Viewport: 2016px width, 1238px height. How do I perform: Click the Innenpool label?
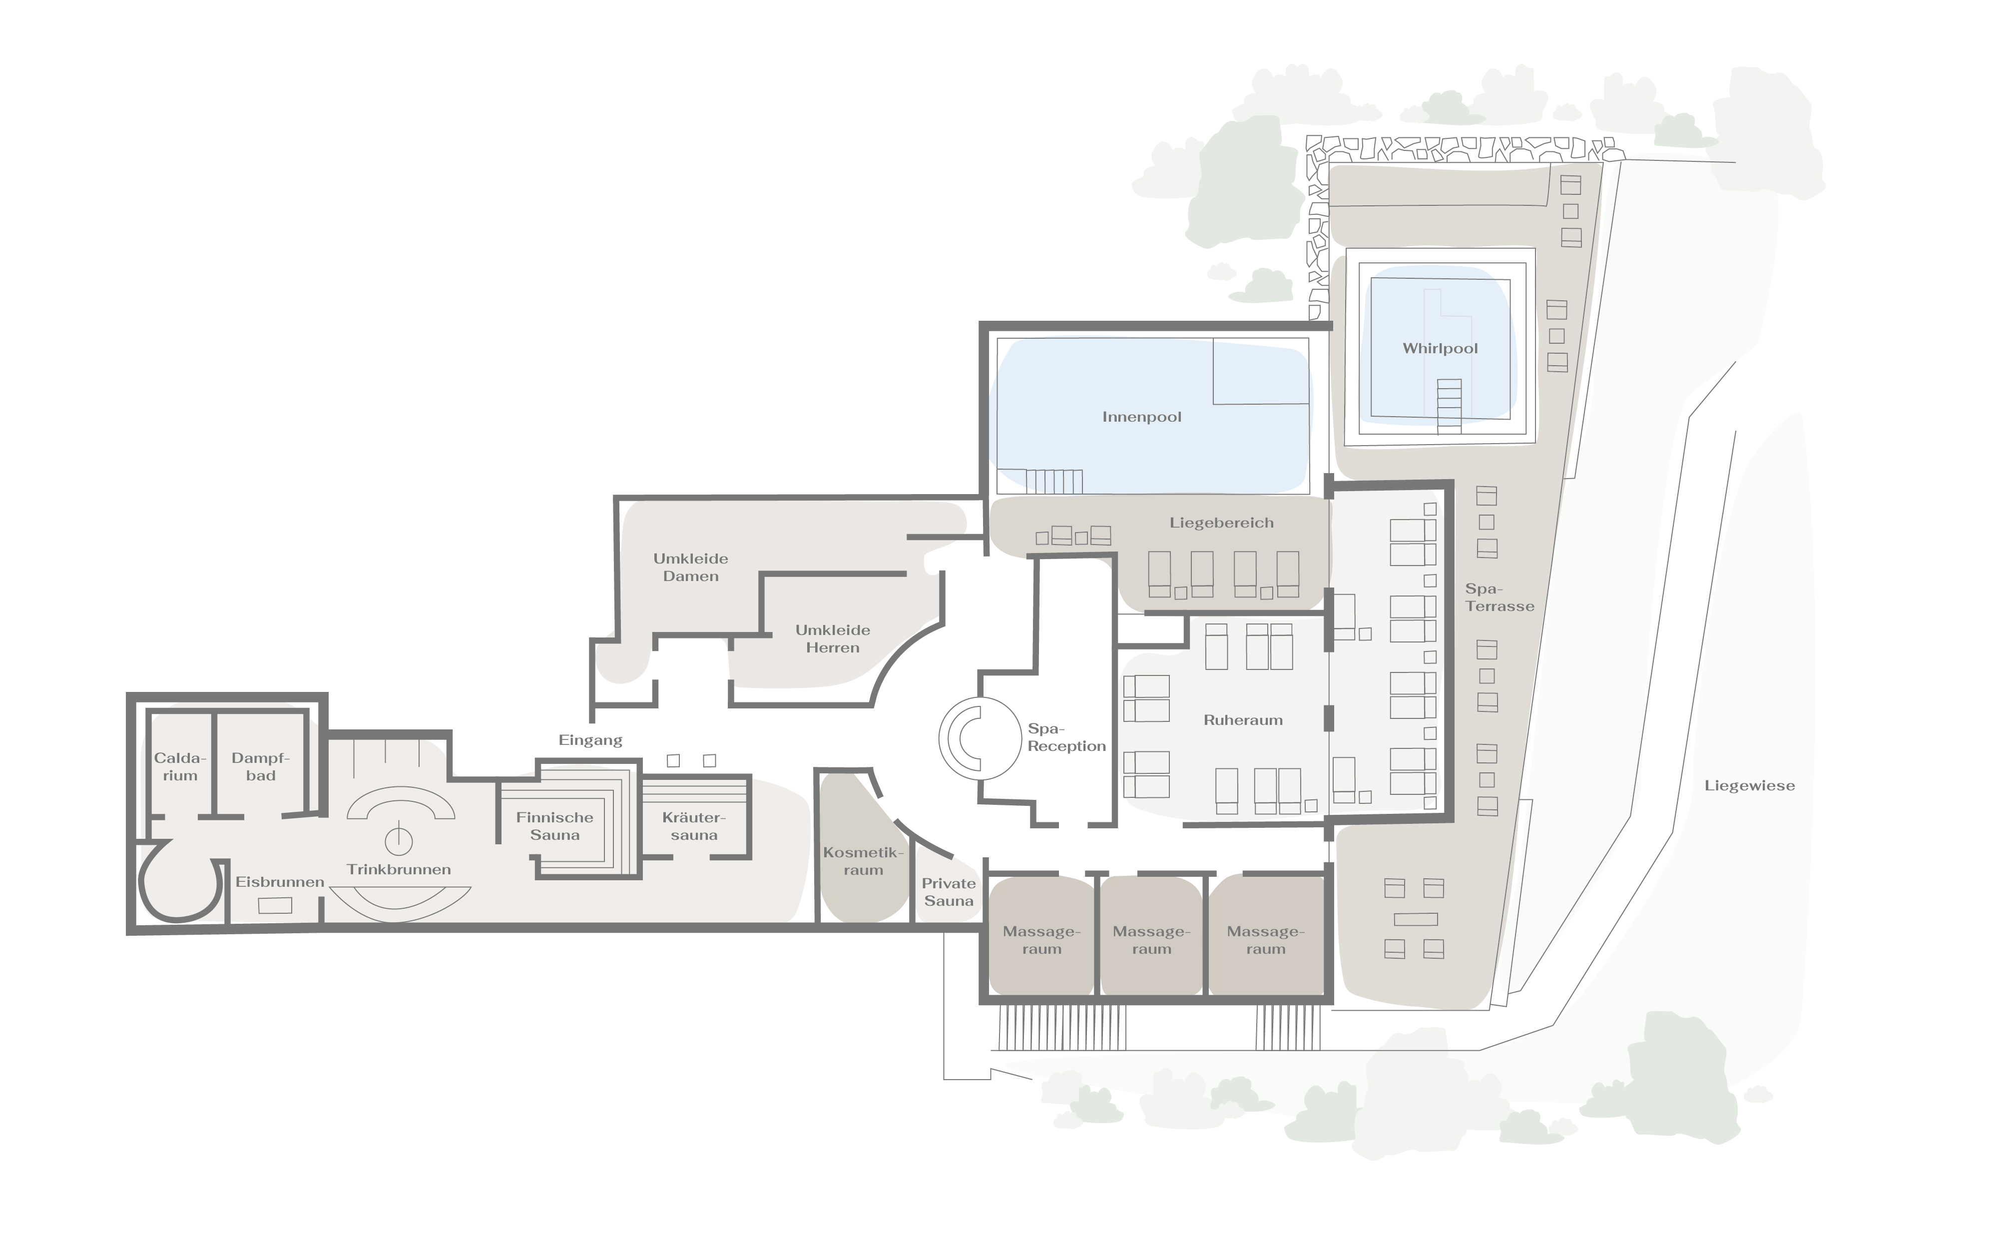1142,417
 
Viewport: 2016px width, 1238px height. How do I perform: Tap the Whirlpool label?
1441,348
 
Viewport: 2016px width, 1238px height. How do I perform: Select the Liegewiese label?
1750,785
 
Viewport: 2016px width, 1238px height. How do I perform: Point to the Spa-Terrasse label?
1500,598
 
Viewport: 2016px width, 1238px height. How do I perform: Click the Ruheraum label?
1243,720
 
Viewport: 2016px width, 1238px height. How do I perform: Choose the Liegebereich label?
1221,523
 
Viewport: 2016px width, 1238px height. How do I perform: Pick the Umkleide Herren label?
833,638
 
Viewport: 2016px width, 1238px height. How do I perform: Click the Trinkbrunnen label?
399,869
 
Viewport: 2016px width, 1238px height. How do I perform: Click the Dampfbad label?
260,766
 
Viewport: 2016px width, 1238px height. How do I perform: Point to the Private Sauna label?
949,892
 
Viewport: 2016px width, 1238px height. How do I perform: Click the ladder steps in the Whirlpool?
1449,406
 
